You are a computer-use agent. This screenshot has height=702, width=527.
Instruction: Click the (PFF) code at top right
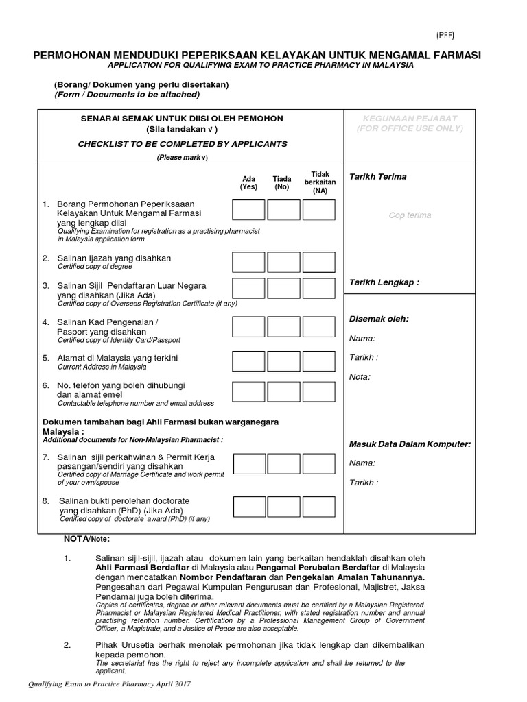[445, 36]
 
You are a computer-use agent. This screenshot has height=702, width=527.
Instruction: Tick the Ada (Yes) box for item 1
[248, 210]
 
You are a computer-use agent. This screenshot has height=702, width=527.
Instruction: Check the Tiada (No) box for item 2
[283, 262]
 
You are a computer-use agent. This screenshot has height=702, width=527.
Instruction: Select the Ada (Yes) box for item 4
[248, 327]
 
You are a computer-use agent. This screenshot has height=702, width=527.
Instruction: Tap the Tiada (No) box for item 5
[283, 361]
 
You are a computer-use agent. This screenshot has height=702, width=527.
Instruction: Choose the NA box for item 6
[318, 391]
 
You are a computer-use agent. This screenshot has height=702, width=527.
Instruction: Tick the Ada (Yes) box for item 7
[248, 464]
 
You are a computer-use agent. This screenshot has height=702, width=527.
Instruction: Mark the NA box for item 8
[318, 507]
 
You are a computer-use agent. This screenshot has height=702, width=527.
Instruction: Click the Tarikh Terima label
[377, 177]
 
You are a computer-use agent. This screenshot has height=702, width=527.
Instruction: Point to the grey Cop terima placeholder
[410, 215]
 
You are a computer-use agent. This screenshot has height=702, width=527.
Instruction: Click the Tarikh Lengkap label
[384, 282]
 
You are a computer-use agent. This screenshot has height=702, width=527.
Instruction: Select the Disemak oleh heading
[379, 319]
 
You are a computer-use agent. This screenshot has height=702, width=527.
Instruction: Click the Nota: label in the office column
[360, 376]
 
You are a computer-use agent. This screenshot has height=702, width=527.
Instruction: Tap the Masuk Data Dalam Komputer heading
[410, 444]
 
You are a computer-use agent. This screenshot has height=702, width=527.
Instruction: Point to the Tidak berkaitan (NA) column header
[319, 182]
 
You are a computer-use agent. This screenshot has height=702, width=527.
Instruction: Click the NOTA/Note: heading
[76, 539]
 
